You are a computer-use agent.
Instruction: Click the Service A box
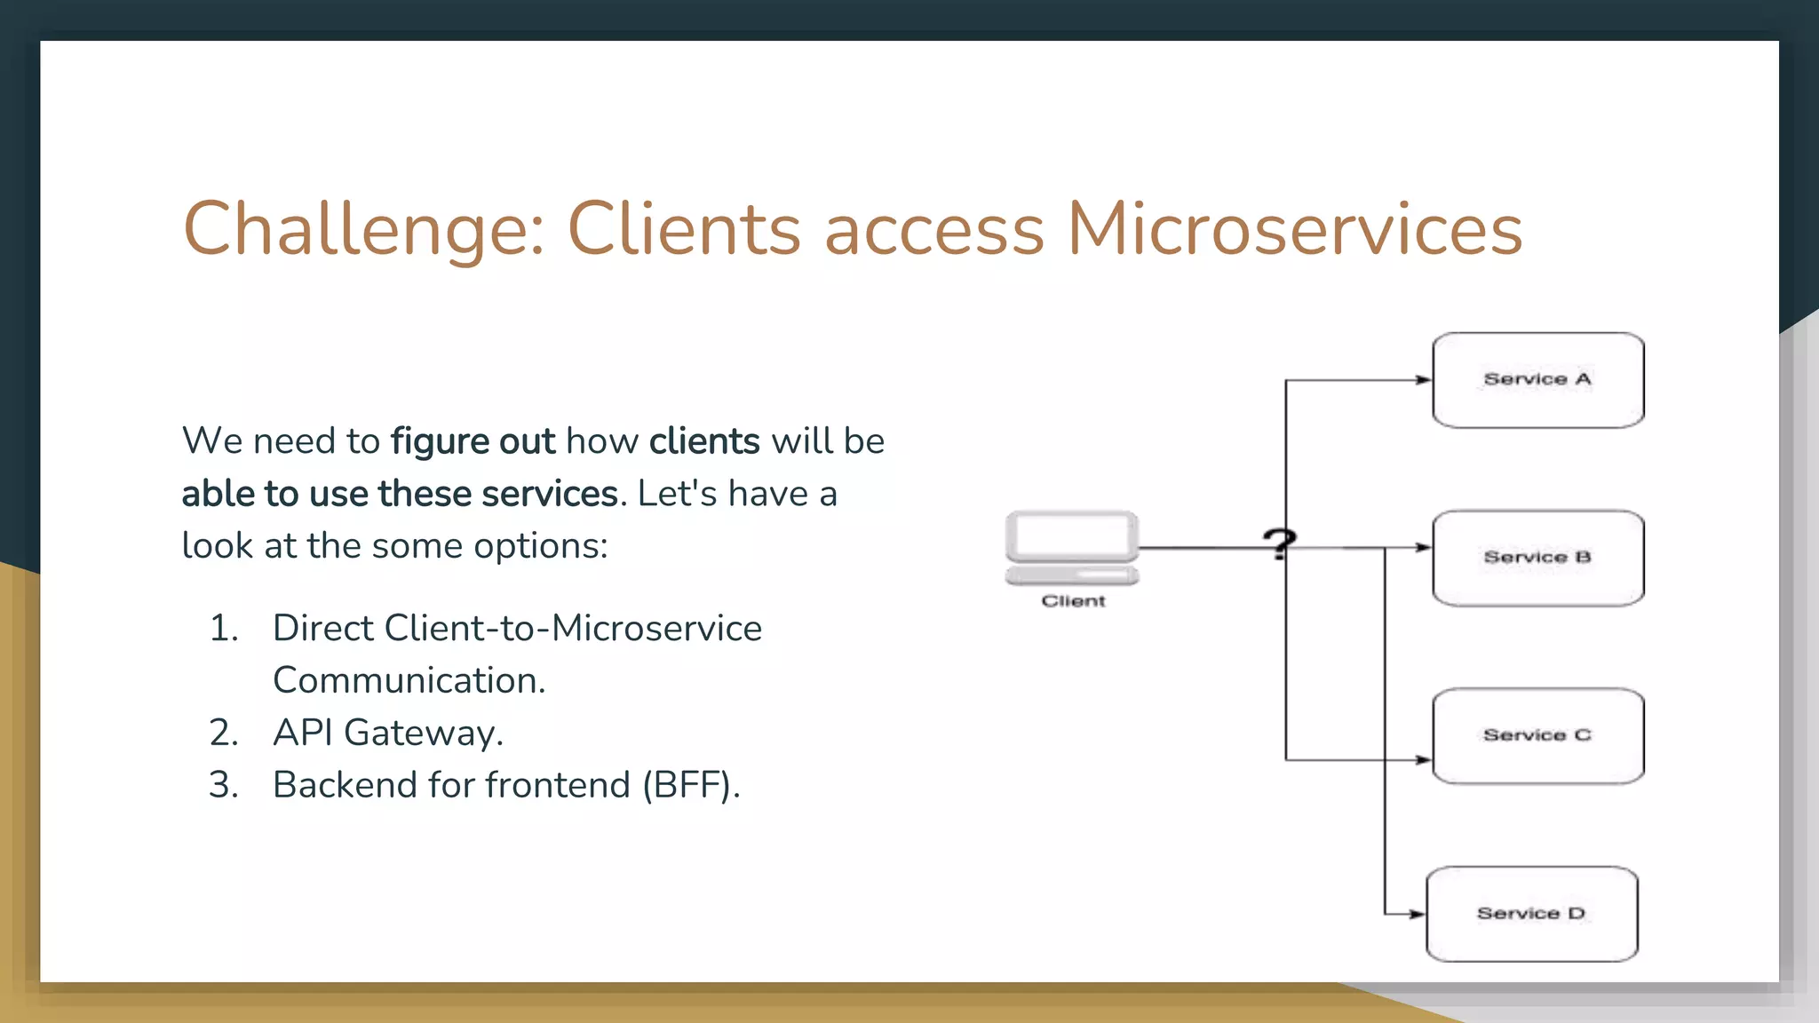tap(1537, 380)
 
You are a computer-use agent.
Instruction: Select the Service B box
tap(1537, 558)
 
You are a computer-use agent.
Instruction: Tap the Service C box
tap(1537, 735)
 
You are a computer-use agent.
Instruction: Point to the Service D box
tap(1531, 914)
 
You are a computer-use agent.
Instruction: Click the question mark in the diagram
tap(1279, 543)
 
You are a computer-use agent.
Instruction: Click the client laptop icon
tap(1072, 547)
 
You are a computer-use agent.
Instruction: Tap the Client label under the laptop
tap(1073, 601)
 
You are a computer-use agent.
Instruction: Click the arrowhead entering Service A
tap(1423, 380)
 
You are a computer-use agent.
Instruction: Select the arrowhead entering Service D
tap(1417, 914)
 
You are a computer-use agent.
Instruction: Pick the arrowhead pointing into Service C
tap(1423, 760)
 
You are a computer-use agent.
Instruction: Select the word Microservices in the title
tap(1294, 229)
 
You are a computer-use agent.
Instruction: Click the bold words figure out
tap(473, 441)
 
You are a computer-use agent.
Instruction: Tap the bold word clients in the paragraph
tap(704, 441)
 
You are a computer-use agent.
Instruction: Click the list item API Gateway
tap(388, 733)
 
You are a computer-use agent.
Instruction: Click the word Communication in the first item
tap(408, 681)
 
